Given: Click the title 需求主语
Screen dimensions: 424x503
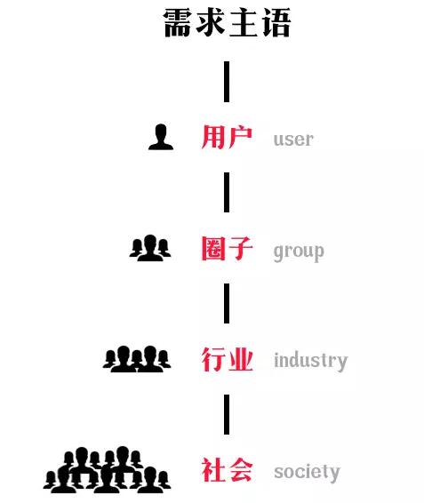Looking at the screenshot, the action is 227,23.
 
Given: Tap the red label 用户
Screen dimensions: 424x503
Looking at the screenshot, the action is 227,137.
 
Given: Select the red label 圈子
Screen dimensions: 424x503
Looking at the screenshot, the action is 227,248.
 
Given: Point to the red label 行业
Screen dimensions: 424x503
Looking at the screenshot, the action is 227,359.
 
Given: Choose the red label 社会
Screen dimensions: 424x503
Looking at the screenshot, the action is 227,470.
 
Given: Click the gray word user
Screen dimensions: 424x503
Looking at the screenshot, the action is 293,140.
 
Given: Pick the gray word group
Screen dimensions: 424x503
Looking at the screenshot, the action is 299,252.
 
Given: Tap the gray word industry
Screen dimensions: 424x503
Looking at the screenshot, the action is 311,361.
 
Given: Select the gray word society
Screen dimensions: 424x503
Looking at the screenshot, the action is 307,473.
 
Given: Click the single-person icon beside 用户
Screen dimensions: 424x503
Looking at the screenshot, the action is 161,137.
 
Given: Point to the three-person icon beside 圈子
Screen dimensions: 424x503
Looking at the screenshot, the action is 150,248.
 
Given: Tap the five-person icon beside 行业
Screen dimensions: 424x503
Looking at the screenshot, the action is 137,359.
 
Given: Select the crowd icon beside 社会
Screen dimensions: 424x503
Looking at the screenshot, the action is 107,469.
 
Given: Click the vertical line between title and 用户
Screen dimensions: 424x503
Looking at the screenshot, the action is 227,82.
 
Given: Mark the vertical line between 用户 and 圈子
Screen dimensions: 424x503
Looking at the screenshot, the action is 227,193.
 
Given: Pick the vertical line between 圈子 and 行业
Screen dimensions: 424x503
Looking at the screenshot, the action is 227,303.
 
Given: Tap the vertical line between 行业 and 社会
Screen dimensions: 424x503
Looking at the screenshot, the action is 227,414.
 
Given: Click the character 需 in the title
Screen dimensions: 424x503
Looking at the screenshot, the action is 178,23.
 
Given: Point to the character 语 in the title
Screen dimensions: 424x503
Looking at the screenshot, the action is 276,23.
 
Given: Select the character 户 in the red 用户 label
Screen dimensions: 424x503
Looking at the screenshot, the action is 240,137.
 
